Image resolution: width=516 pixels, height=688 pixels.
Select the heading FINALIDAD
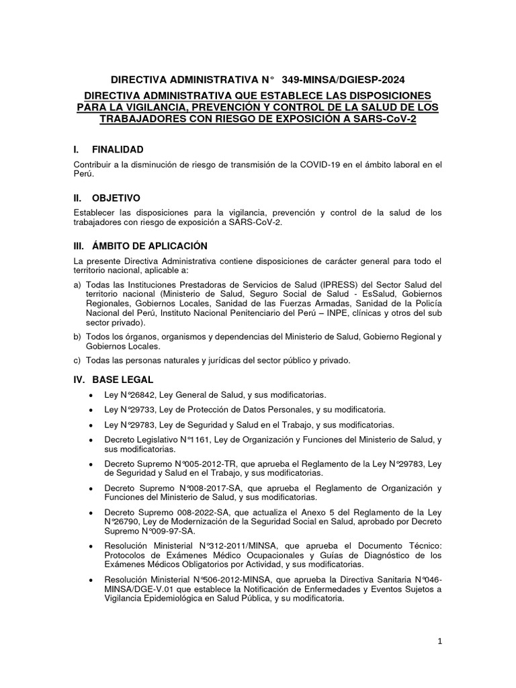[x=118, y=149]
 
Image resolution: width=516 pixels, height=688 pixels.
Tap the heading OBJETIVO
[x=116, y=198]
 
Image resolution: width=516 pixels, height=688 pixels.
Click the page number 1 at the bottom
[x=439, y=642]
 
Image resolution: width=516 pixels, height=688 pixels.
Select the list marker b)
[x=77, y=336]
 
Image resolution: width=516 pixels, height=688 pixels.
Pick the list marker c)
[x=77, y=360]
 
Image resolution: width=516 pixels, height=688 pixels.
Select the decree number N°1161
[x=192, y=439]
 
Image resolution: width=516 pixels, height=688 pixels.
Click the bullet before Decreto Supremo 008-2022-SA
[x=91, y=512]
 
